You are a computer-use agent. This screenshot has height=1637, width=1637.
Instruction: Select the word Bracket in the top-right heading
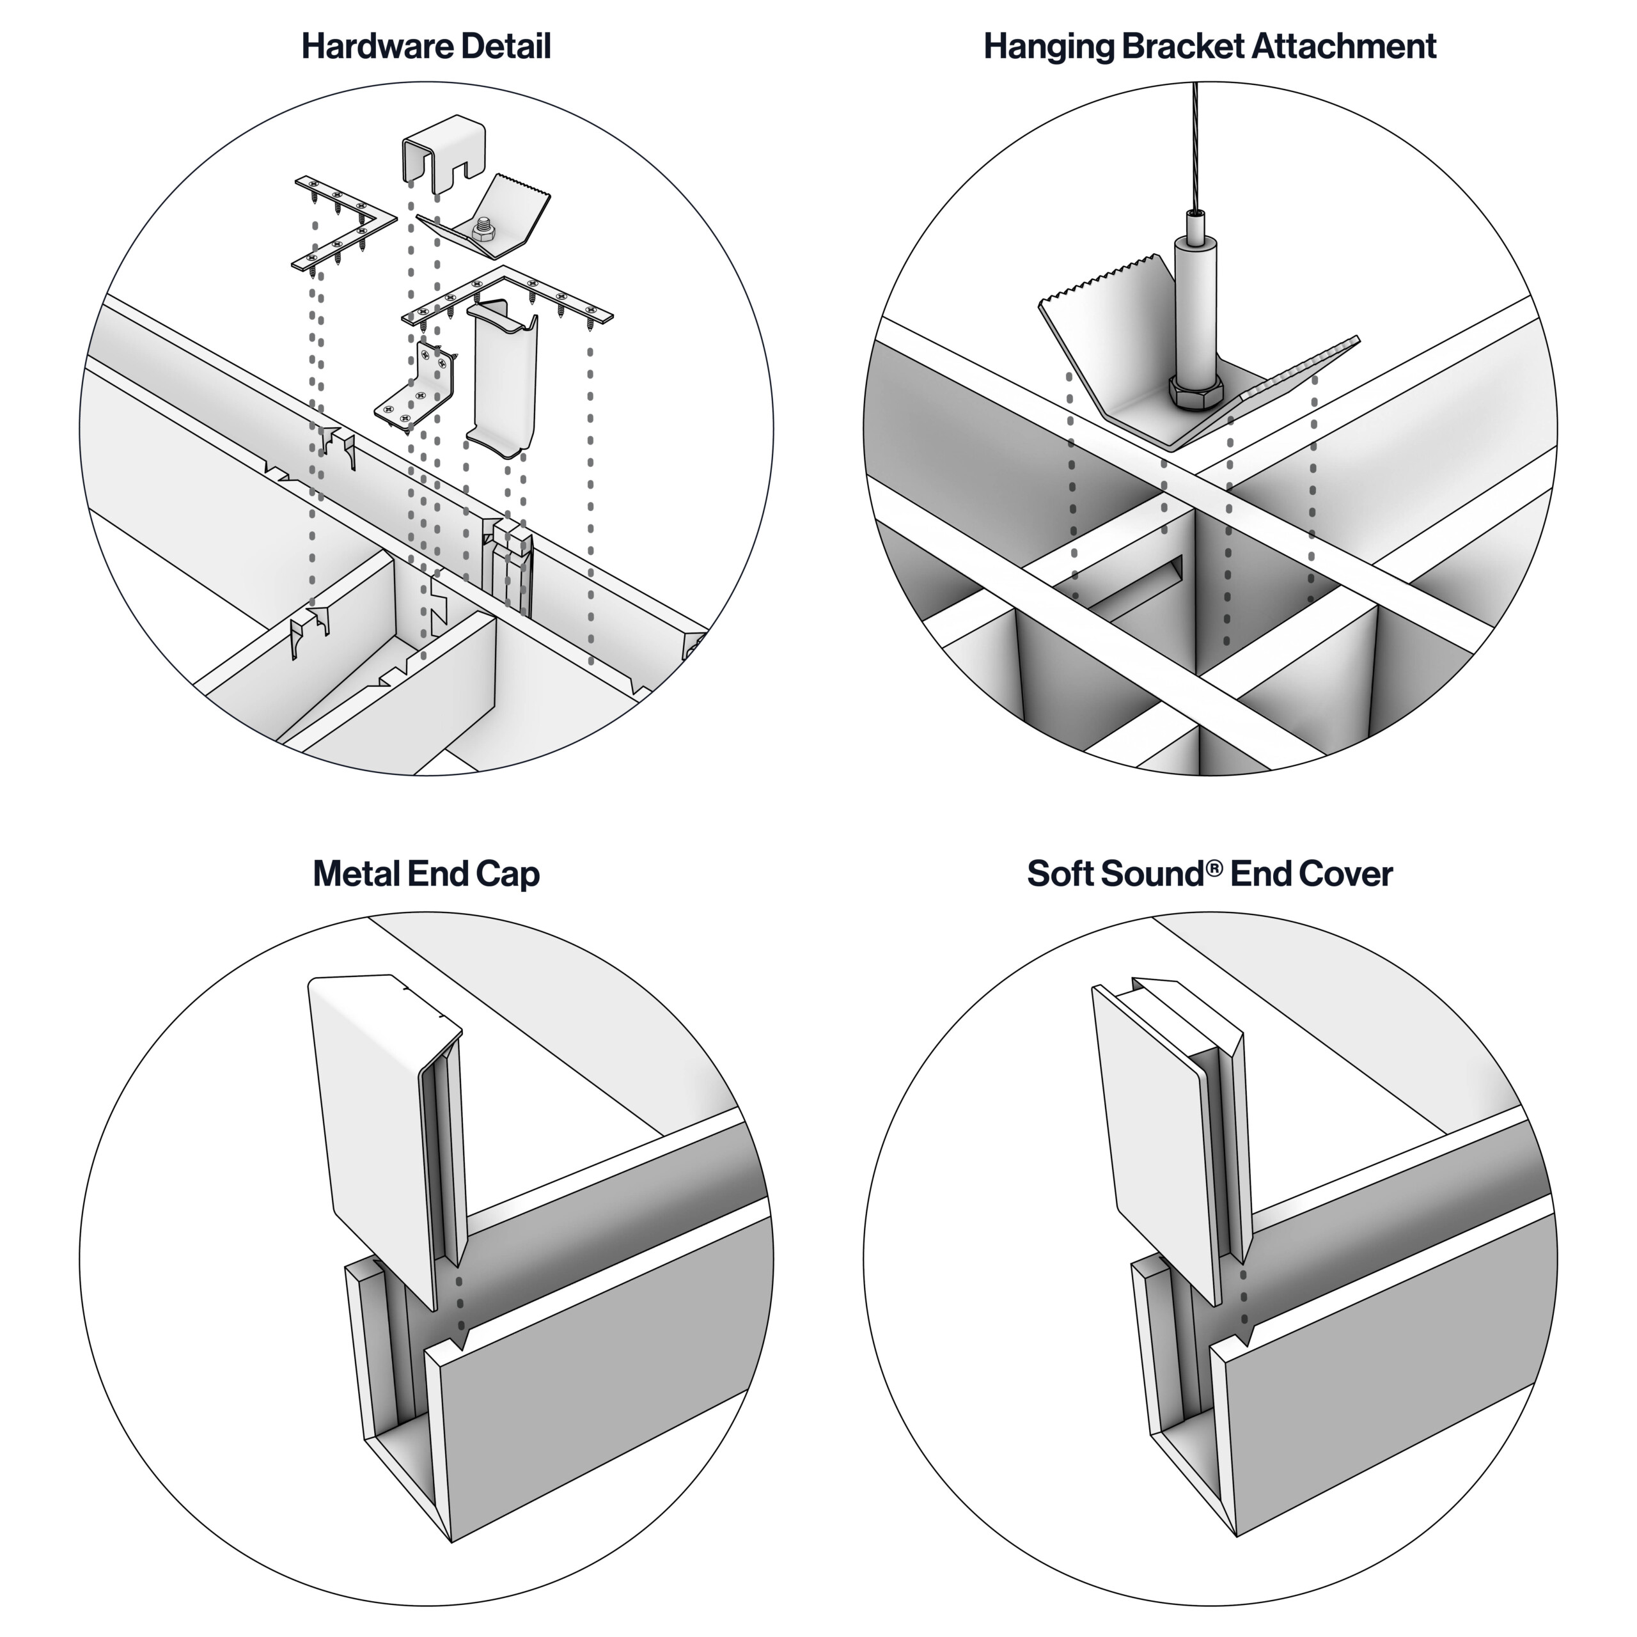1184,47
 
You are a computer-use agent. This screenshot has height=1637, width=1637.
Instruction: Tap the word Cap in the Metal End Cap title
508,873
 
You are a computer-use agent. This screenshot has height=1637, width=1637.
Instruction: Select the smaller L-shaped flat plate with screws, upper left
343,222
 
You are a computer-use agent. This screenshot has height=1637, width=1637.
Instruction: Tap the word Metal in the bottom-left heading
356,873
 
